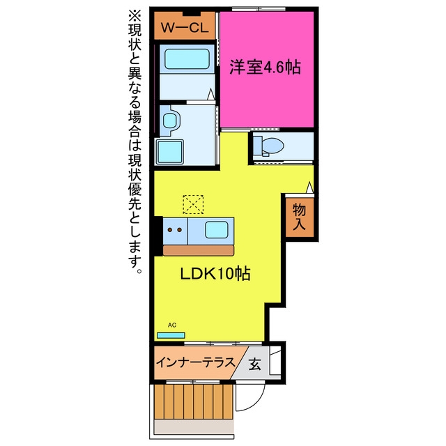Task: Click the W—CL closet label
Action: click(x=185, y=28)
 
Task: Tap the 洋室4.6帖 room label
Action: click(x=265, y=67)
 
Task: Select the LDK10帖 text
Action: click(x=215, y=274)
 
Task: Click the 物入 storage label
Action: click(x=299, y=217)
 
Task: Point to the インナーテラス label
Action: click(x=196, y=362)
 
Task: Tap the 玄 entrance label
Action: click(x=254, y=364)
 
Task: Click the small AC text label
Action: click(x=172, y=325)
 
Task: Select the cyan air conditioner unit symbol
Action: click(x=171, y=335)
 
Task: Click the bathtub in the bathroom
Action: click(x=187, y=59)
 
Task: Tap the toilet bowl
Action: click(x=272, y=146)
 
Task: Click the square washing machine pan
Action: click(x=169, y=152)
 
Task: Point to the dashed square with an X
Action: click(x=193, y=204)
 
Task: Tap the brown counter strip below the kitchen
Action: click(x=198, y=250)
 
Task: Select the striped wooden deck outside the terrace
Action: click(x=194, y=401)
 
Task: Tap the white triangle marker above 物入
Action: click(x=309, y=187)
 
